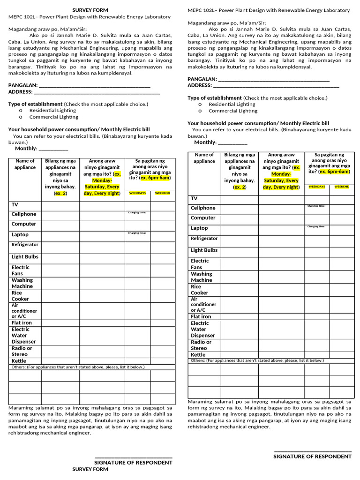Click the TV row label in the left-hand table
click(15, 205)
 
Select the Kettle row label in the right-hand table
click(198, 355)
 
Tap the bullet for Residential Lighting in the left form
click(21, 111)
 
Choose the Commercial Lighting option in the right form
click(232, 111)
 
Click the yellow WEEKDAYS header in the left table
click(137, 193)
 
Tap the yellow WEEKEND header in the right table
click(342, 187)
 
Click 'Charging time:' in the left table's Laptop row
click(137, 233)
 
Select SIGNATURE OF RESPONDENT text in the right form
click(312, 457)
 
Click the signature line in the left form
click(133, 457)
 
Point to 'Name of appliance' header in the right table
click(204, 158)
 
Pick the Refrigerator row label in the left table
click(25, 245)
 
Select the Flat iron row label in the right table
click(201, 316)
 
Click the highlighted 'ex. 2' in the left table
click(60, 193)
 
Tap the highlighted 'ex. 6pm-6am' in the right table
click(335, 172)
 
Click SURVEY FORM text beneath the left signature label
click(90, 469)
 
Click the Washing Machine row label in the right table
click(201, 277)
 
